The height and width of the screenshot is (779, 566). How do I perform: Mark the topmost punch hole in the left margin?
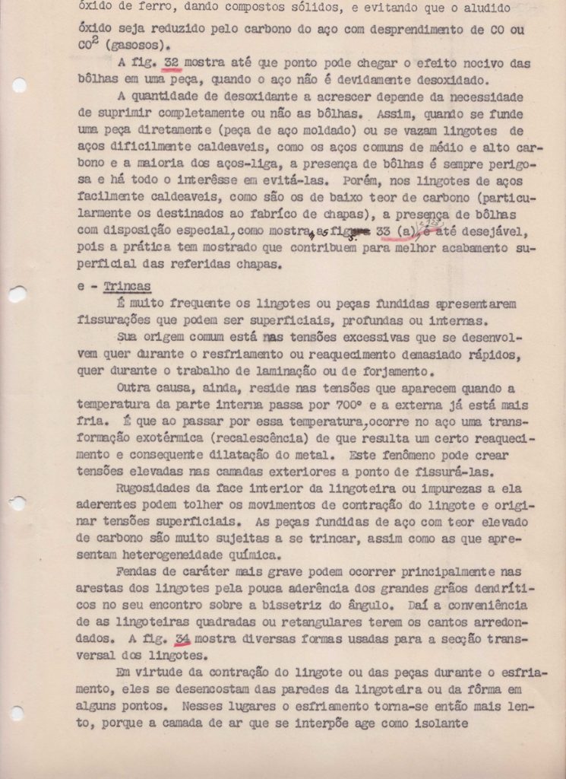coord(17,84)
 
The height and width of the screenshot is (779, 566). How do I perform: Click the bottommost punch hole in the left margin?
coord(17,713)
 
